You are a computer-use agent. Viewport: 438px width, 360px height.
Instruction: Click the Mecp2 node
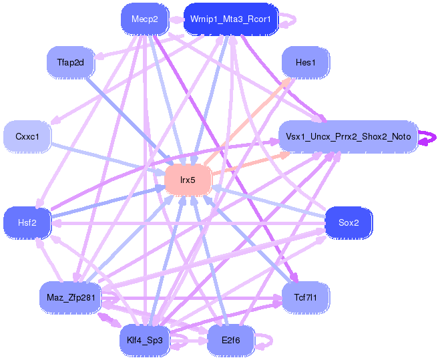[x=145, y=19]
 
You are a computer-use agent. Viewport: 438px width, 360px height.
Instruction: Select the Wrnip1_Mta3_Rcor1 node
[x=231, y=19]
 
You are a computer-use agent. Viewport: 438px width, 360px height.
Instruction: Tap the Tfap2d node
[x=71, y=62]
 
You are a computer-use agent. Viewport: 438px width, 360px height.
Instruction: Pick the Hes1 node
[x=306, y=62]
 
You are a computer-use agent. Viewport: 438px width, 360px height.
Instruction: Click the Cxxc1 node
[x=27, y=137]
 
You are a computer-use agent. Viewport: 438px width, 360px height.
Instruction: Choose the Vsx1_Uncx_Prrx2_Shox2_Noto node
[x=349, y=137]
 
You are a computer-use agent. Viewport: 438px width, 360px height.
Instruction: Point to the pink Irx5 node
[x=188, y=180]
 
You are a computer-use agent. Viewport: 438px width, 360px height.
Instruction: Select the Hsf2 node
[x=27, y=223]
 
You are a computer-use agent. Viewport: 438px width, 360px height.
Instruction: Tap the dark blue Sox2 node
[x=349, y=223]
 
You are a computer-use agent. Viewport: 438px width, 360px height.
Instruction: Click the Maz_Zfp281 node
[x=71, y=297]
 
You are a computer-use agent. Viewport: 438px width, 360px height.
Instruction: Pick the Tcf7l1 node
[x=306, y=297]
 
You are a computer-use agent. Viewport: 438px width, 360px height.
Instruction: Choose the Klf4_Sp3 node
[x=145, y=341]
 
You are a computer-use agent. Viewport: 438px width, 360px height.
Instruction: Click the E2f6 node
[x=231, y=341]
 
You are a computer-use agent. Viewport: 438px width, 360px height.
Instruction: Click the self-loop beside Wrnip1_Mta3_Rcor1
[x=294, y=19]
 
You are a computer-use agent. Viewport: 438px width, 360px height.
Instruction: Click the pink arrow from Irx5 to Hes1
[x=248, y=122]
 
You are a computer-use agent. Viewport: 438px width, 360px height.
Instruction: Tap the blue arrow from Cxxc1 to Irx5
[x=107, y=159]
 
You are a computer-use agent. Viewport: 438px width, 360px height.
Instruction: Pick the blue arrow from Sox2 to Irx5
[x=268, y=202]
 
